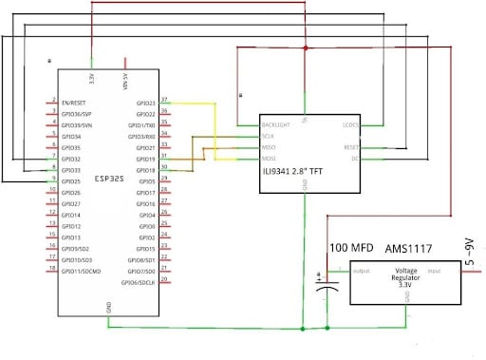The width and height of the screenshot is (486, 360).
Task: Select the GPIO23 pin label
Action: [x=145, y=103]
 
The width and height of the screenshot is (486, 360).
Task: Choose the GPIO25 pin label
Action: [x=71, y=181]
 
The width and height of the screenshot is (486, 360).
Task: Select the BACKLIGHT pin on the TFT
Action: [x=277, y=124]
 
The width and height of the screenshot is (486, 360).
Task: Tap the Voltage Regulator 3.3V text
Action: [x=405, y=276]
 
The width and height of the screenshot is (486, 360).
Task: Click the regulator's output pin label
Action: [x=361, y=270]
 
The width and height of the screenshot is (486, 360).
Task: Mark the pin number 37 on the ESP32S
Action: [x=165, y=99]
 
